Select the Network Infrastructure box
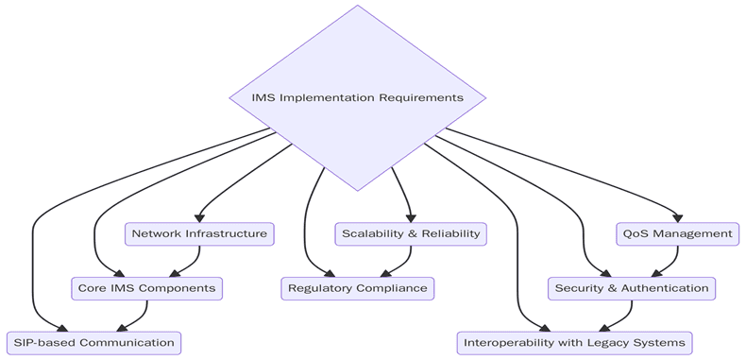click(x=199, y=233)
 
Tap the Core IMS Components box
click(x=146, y=288)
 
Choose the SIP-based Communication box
click(x=93, y=342)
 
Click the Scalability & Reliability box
click(x=411, y=233)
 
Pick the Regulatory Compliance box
click(x=358, y=288)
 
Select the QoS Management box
click(x=677, y=233)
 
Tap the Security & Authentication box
click(x=632, y=288)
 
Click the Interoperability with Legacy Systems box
click(x=576, y=342)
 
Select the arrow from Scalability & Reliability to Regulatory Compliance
click(x=403, y=261)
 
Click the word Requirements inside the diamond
click(x=421, y=97)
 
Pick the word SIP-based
click(x=42, y=342)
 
